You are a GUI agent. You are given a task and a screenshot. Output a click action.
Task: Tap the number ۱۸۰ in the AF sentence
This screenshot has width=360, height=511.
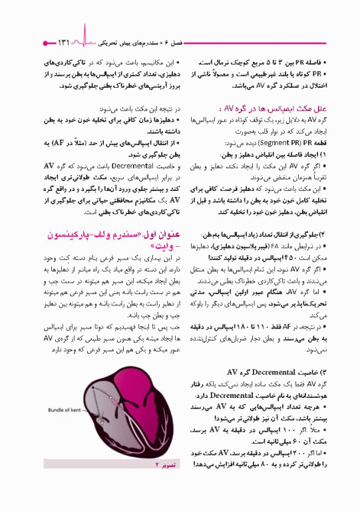click(251, 328)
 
